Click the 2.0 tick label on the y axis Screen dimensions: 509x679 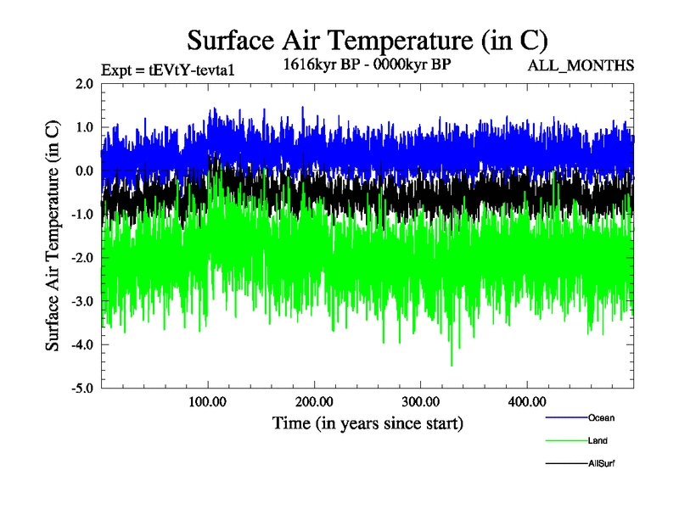(x=84, y=84)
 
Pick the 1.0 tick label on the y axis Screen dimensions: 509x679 (x=84, y=127)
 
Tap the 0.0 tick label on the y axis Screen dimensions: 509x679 (x=84, y=171)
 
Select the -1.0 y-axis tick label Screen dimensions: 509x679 (x=82, y=215)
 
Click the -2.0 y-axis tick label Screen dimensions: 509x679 (x=82, y=258)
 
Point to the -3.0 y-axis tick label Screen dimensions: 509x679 (x=82, y=301)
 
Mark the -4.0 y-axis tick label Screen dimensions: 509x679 (x=82, y=345)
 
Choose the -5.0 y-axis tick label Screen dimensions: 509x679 (x=82, y=389)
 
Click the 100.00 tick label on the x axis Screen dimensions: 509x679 (x=208, y=401)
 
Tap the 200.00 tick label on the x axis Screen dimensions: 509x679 (x=314, y=401)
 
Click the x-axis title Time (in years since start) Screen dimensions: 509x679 (x=368, y=422)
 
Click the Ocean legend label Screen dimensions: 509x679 (x=601, y=417)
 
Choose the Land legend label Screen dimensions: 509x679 (x=598, y=441)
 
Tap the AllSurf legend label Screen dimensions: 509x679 (x=601, y=464)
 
